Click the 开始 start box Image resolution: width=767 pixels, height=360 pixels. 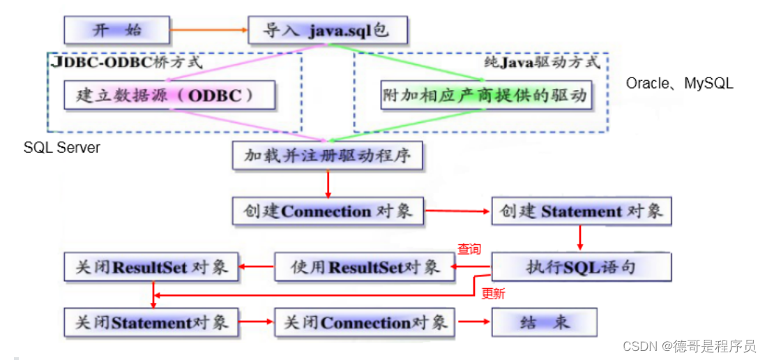tap(116, 30)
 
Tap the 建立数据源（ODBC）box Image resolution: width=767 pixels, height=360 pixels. tap(169, 96)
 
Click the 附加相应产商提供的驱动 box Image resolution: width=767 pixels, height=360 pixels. tap(486, 96)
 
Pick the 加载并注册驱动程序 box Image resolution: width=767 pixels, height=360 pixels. tap(327, 156)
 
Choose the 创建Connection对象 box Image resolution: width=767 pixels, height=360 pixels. tap(328, 211)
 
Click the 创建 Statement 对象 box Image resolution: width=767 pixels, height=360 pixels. tap(581, 211)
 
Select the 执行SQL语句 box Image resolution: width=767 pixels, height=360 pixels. tap(581, 267)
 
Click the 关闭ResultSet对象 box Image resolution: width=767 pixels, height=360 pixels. tap(151, 267)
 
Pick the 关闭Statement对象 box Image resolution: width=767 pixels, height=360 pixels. tap(151, 322)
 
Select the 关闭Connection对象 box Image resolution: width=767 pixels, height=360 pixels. tap(365, 322)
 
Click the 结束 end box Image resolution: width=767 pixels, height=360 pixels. tap(545, 322)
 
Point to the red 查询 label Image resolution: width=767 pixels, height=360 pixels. tap(469, 249)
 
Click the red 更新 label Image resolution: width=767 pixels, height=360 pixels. tap(493, 294)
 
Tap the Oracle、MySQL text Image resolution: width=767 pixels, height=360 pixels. tap(679, 84)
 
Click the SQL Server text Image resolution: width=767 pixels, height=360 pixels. tap(62, 147)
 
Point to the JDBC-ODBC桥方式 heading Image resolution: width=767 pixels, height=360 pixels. tap(126, 62)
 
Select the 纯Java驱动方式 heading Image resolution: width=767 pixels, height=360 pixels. tap(542, 62)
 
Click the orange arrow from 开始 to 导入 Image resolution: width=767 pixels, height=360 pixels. tap(209, 30)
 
